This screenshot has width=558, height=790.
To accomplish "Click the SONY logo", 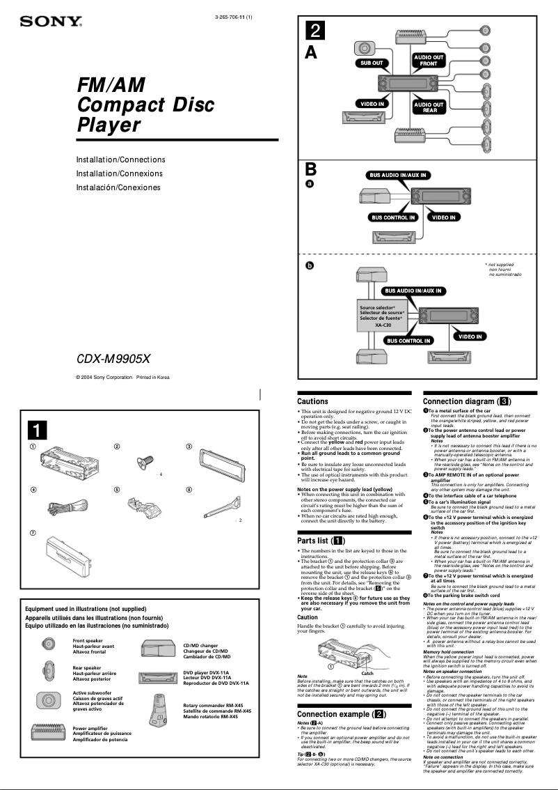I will tap(51, 22).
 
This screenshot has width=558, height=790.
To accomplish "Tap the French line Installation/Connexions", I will tap(119, 173).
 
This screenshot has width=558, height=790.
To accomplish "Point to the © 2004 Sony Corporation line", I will tap(122, 378).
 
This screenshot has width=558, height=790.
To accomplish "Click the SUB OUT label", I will tap(372, 63).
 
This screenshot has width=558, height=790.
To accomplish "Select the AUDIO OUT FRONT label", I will tap(429, 60).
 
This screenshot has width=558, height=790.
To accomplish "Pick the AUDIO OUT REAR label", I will tap(429, 107).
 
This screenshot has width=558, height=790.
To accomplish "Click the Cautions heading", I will tap(312, 401).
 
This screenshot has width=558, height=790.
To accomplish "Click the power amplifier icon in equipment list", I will tap(49, 731).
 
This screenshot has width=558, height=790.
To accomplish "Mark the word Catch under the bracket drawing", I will tap(367, 673).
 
